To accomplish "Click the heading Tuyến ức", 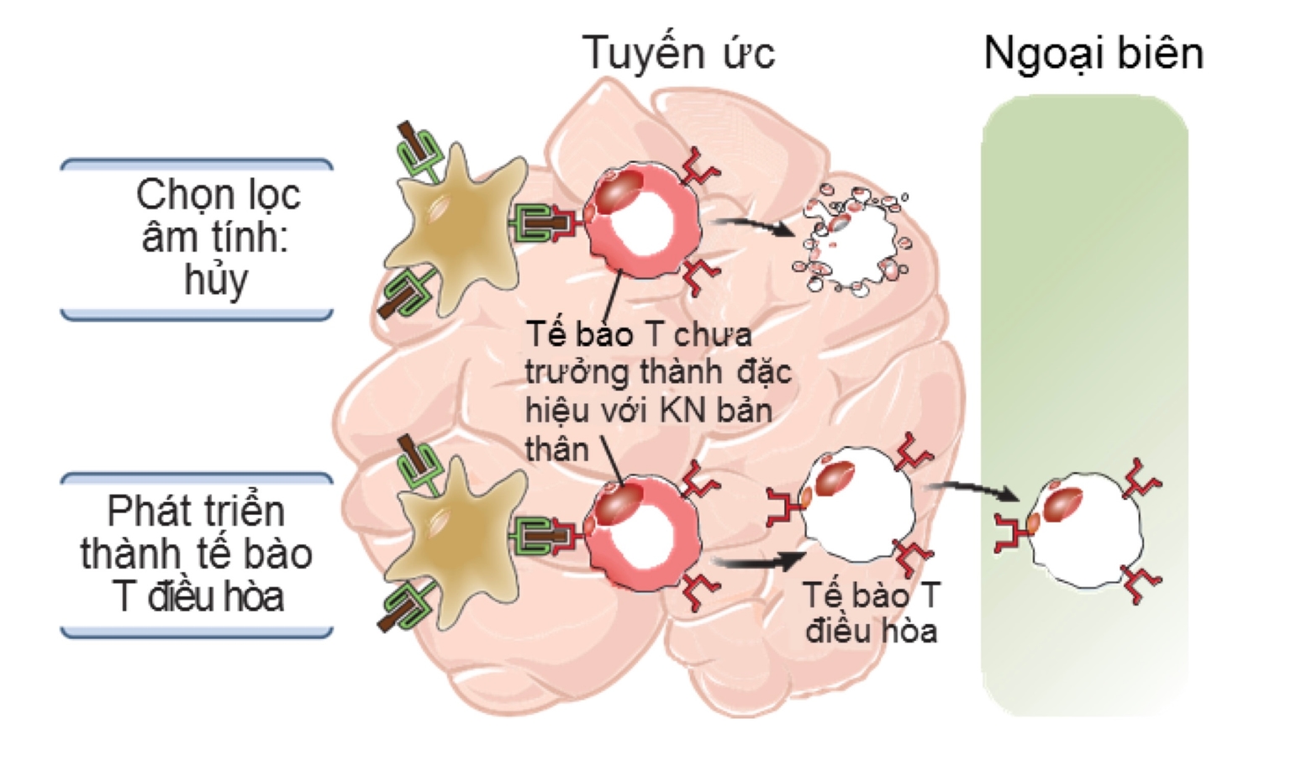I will pyautogui.click(x=677, y=52).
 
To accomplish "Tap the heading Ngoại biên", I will pyautogui.click(x=1093, y=52).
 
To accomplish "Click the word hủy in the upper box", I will pyautogui.click(x=216, y=280).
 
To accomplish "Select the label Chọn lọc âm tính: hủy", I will pyautogui.click(x=216, y=237).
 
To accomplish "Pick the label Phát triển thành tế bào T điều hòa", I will pyautogui.click(x=197, y=554).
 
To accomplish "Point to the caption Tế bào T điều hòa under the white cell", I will pyautogui.click(x=871, y=612).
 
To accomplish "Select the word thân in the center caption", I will pyautogui.click(x=556, y=450).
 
